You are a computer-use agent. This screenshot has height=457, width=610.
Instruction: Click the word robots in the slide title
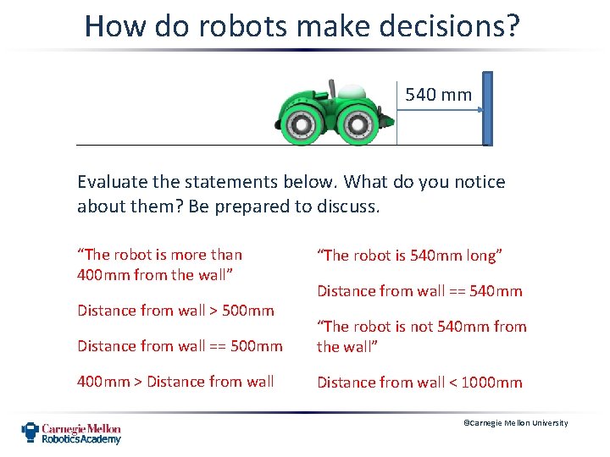point(229,26)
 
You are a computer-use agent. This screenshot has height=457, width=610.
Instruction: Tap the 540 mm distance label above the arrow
point(438,95)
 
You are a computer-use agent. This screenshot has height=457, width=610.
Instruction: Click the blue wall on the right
point(487,108)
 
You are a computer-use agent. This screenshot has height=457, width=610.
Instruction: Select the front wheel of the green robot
point(358,125)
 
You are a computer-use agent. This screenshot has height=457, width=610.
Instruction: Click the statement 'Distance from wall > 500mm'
point(175,311)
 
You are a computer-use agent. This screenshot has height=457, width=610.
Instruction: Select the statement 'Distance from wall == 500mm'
point(180,346)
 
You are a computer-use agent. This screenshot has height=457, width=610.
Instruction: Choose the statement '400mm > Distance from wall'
point(175,382)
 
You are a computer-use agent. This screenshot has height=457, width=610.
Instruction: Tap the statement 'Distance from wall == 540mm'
point(419,291)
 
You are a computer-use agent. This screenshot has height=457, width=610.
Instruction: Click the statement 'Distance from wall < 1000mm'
point(419,383)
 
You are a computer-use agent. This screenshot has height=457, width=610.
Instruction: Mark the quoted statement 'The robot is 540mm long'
point(410,256)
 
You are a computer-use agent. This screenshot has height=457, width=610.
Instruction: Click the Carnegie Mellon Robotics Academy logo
point(71,432)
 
